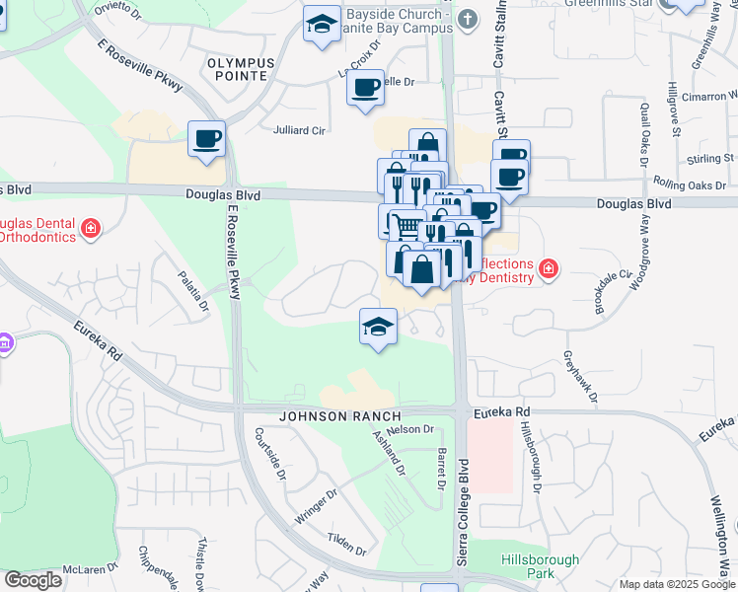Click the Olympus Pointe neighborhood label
(237, 68)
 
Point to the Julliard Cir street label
(299, 129)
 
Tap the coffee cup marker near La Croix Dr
(365, 88)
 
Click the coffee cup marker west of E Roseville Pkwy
(207, 139)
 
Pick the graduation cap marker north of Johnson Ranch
(378, 327)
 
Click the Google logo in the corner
(33, 580)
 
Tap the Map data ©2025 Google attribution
(677, 584)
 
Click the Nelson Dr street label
(411, 429)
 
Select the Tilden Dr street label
(347, 543)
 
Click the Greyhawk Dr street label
(581, 377)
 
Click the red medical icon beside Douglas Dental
(90, 229)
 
